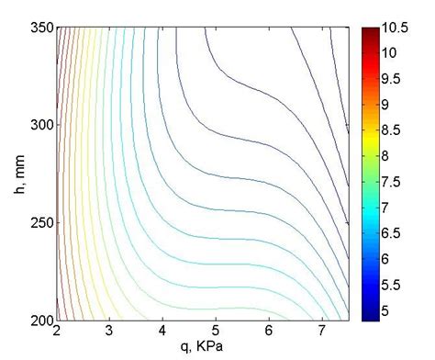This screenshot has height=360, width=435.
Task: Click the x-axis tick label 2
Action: click(57, 332)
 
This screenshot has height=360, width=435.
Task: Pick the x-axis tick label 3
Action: click(110, 332)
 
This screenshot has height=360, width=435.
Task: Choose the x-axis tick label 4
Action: click(163, 332)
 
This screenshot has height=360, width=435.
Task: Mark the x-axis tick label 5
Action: click(217, 332)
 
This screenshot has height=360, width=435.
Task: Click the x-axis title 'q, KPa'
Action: click(202, 347)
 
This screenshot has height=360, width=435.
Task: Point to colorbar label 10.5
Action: click(397, 28)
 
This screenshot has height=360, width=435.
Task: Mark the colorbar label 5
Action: click(389, 310)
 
